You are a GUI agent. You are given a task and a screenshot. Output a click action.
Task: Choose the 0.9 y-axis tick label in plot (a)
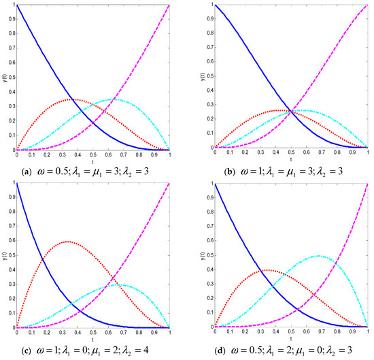point(11,20)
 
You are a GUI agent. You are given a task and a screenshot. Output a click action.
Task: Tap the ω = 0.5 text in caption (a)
point(61,164)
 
